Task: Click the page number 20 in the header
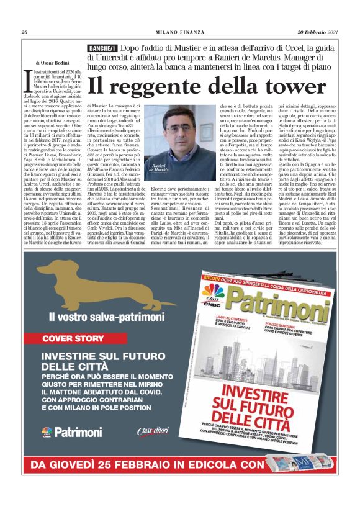click(x=25, y=32)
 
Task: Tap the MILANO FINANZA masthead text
click(x=179, y=32)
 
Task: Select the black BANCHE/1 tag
click(x=102, y=48)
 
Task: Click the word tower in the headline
click(x=290, y=86)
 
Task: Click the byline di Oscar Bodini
click(x=54, y=63)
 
